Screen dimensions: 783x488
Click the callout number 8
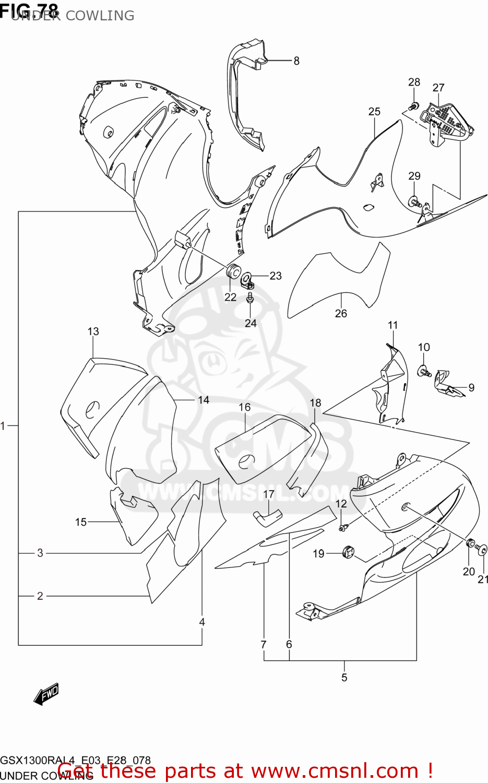click(x=296, y=61)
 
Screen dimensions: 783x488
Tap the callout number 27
click(x=438, y=88)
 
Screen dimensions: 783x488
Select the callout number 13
click(x=93, y=331)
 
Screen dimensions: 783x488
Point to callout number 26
click(x=341, y=313)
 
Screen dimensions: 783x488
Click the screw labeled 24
click(x=251, y=298)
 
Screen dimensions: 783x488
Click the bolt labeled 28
click(x=413, y=106)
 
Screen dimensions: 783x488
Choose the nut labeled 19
click(x=348, y=551)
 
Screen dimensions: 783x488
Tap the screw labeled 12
click(x=342, y=528)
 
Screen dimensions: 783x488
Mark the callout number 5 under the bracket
click(x=344, y=678)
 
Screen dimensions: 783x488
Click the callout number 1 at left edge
click(x=3, y=426)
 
